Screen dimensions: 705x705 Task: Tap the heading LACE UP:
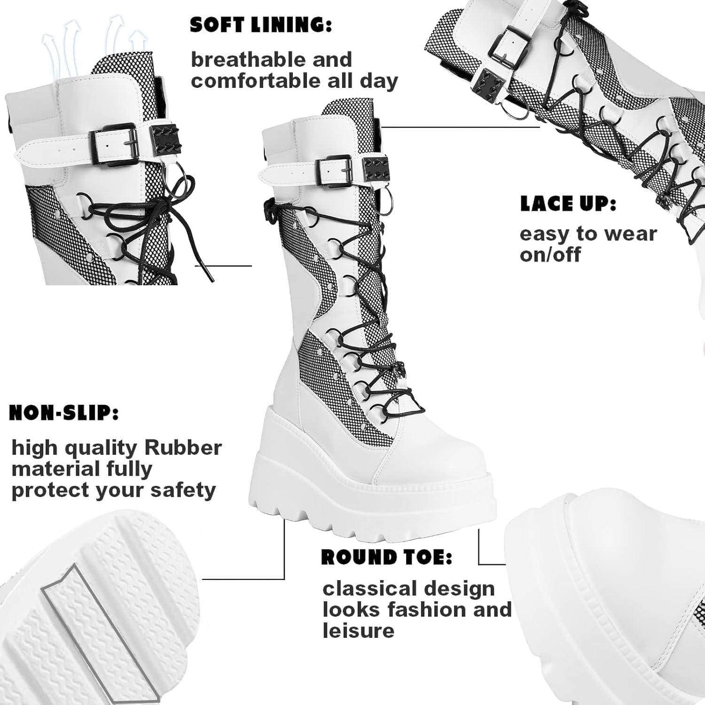[568, 204]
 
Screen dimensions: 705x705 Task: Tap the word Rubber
[183, 447]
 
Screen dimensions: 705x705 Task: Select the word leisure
[358, 630]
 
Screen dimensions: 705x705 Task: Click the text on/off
[550, 255]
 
